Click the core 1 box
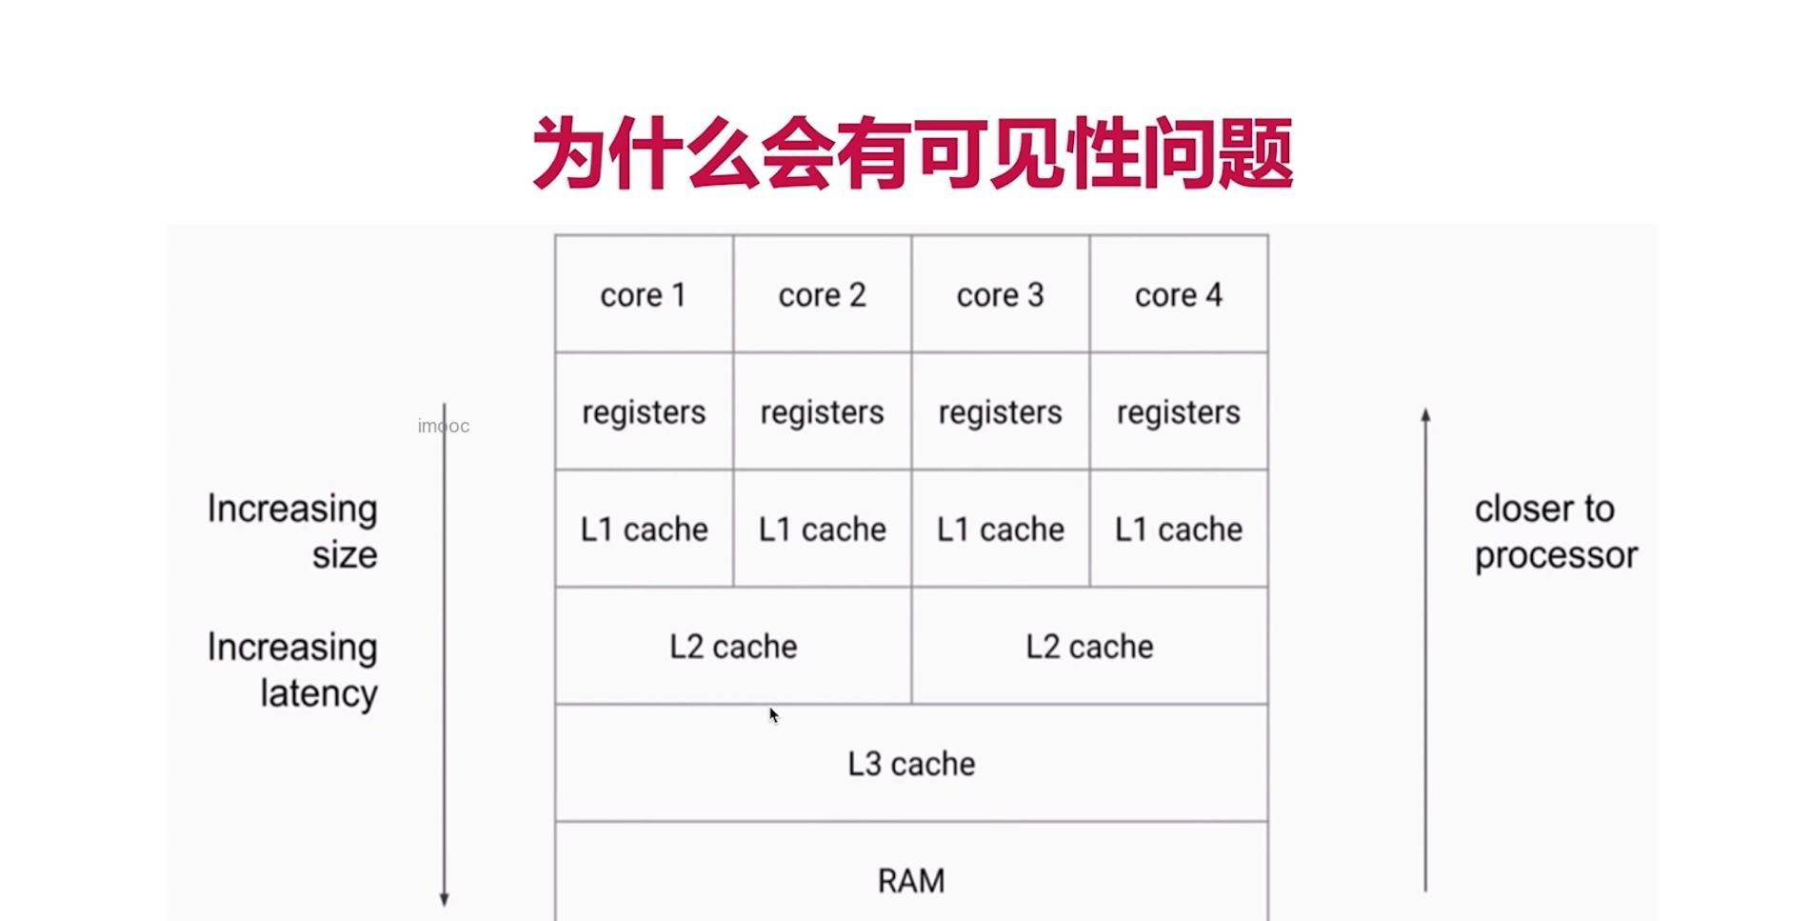(x=644, y=295)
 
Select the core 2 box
(x=822, y=295)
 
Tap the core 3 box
(x=1000, y=295)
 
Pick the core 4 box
(x=1178, y=295)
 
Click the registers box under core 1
(x=644, y=412)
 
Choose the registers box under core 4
(x=1178, y=412)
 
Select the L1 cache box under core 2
(x=822, y=530)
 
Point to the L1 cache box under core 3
(x=1000, y=530)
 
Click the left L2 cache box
(x=733, y=647)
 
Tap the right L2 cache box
(x=1089, y=647)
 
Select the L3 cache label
(x=911, y=764)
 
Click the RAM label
(x=911, y=881)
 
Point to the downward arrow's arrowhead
(x=444, y=899)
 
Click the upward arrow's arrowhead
(x=1425, y=414)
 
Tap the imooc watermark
(x=443, y=426)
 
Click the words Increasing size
(x=292, y=531)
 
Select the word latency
(x=319, y=693)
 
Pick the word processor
(x=1556, y=555)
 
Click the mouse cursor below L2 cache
(x=773, y=714)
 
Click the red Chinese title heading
(x=911, y=152)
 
